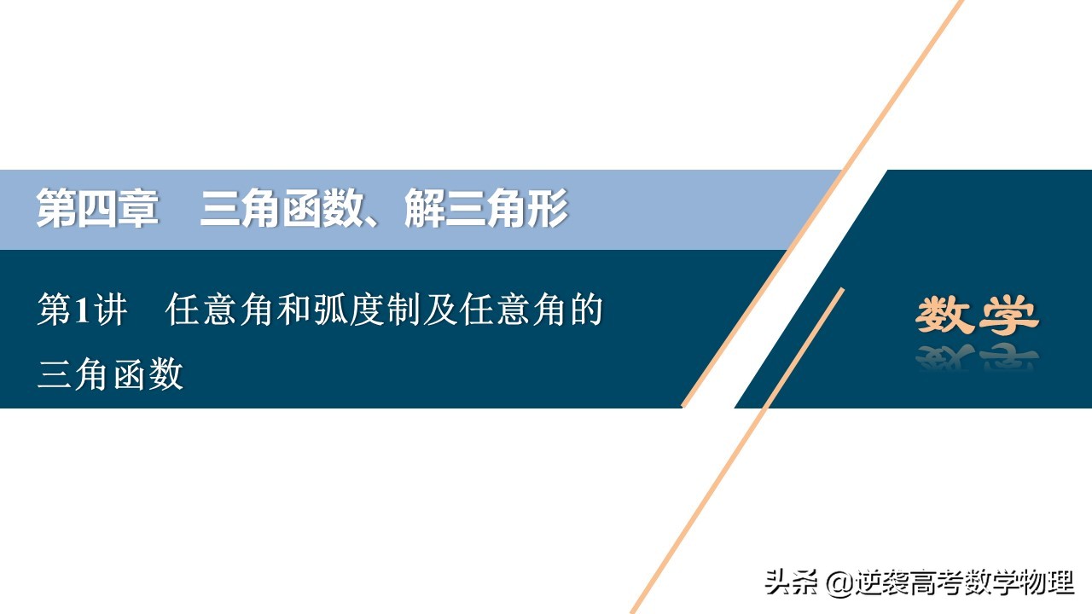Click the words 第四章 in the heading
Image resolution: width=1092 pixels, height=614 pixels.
(x=96, y=210)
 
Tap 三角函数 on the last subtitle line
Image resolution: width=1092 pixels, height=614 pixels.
(x=110, y=374)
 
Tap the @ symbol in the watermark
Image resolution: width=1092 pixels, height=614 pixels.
(x=839, y=583)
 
